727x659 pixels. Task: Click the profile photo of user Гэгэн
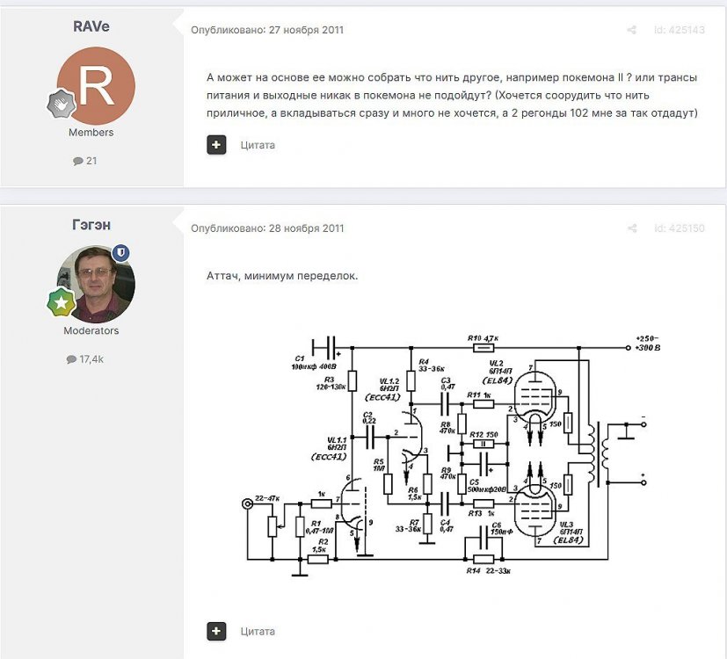pyautogui.click(x=96, y=284)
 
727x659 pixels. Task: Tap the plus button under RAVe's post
pyautogui.click(x=216, y=145)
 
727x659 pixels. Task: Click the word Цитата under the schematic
pyautogui.click(x=258, y=631)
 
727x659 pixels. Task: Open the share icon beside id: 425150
pyautogui.click(x=631, y=228)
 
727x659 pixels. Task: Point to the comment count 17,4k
pyautogui.click(x=91, y=359)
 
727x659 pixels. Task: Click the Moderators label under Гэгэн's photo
pyautogui.click(x=91, y=331)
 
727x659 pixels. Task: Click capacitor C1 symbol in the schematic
pyautogui.click(x=326, y=346)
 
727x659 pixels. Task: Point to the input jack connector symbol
pyautogui.click(x=247, y=503)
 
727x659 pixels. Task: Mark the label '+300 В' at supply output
pyautogui.click(x=651, y=349)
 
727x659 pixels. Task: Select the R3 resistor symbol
pyautogui.click(x=353, y=380)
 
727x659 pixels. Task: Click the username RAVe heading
pyautogui.click(x=91, y=25)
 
